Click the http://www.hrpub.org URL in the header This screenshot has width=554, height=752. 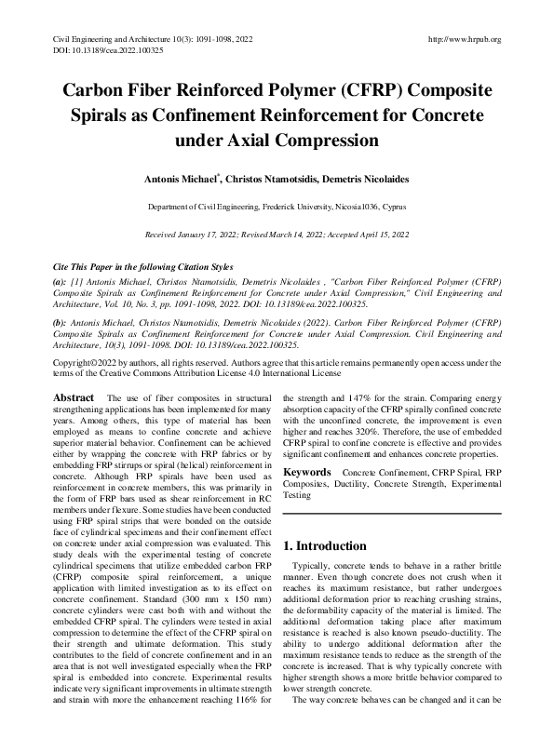(463, 39)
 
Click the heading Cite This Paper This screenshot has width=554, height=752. (83, 264)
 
